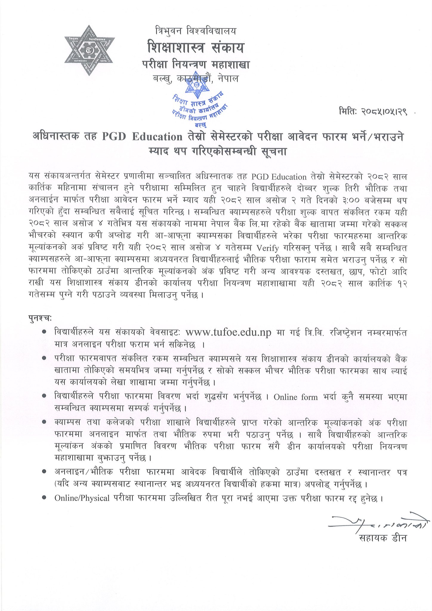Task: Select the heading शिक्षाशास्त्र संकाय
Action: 196,47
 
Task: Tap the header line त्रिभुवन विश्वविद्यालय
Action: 196,30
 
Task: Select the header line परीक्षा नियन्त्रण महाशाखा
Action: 196,64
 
